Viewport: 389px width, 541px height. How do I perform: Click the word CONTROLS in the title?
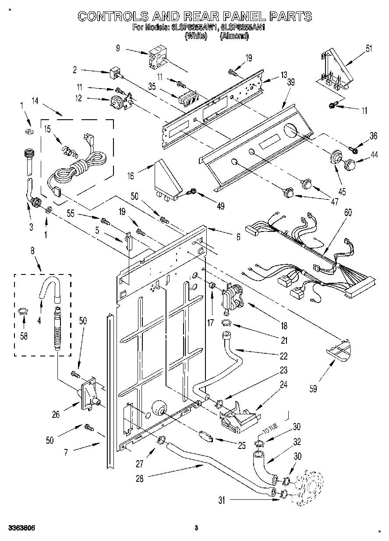pyautogui.click(x=111, y=17)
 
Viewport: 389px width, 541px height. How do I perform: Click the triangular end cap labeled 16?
pyautogui.click(x=167, y=180)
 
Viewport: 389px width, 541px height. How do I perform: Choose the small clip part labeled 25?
pyautogui.click(x=205, y=436)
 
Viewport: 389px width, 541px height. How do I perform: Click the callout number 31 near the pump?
pyautogui.click(x=222, y=499)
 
